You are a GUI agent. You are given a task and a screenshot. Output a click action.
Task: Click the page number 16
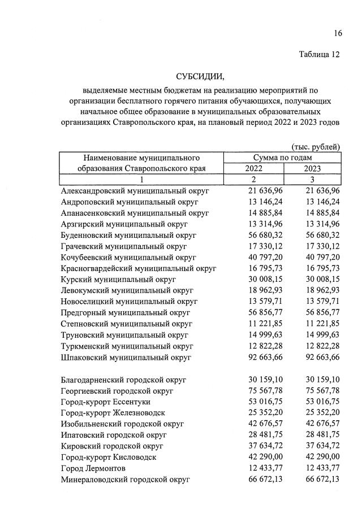click(338, 33)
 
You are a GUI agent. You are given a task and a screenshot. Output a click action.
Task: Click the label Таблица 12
click(319, 55)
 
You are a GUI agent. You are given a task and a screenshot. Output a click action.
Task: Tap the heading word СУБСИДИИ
click(200, 77)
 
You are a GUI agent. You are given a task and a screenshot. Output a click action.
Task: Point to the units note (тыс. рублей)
click(316, 147)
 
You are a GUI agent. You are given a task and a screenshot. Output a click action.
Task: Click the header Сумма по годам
click(282, 158)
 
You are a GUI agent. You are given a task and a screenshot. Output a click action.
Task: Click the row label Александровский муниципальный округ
click(135, 191)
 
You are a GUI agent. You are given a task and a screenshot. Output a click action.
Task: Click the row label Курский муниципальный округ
click(118, 280)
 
